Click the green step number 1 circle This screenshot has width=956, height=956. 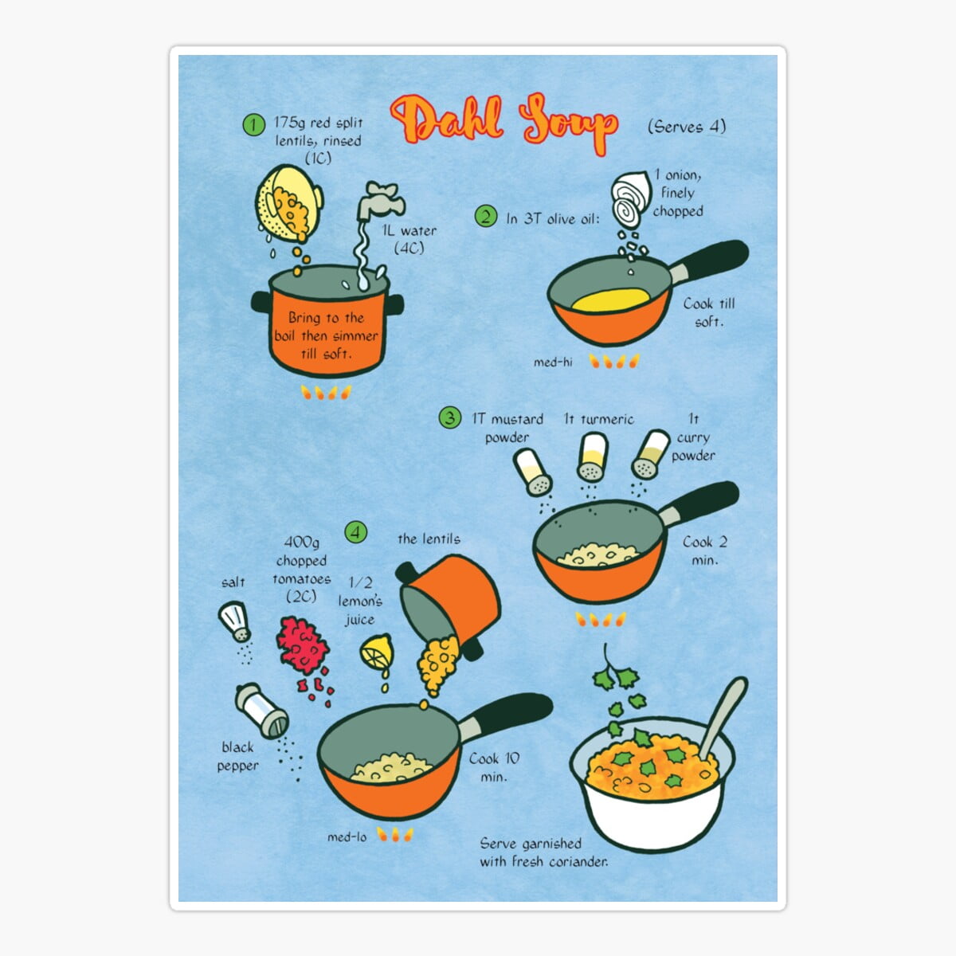(x=253, y=124)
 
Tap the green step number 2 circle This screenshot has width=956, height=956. (x=485, y=216)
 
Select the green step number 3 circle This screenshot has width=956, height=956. (x=450, y=417)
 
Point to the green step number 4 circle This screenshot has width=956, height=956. (x=356, y=531)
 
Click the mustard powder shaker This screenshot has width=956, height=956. (x=533, y=471)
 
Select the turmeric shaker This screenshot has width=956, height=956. (x=592, y=456)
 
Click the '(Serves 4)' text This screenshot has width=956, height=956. (x=686, y=126)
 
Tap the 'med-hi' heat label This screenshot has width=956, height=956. (x=553, y=362)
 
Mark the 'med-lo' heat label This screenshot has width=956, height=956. (x=347, y=836)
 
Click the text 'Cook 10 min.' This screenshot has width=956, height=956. (x=494, y=767)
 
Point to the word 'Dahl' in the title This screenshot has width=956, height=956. (x=448, y=121)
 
